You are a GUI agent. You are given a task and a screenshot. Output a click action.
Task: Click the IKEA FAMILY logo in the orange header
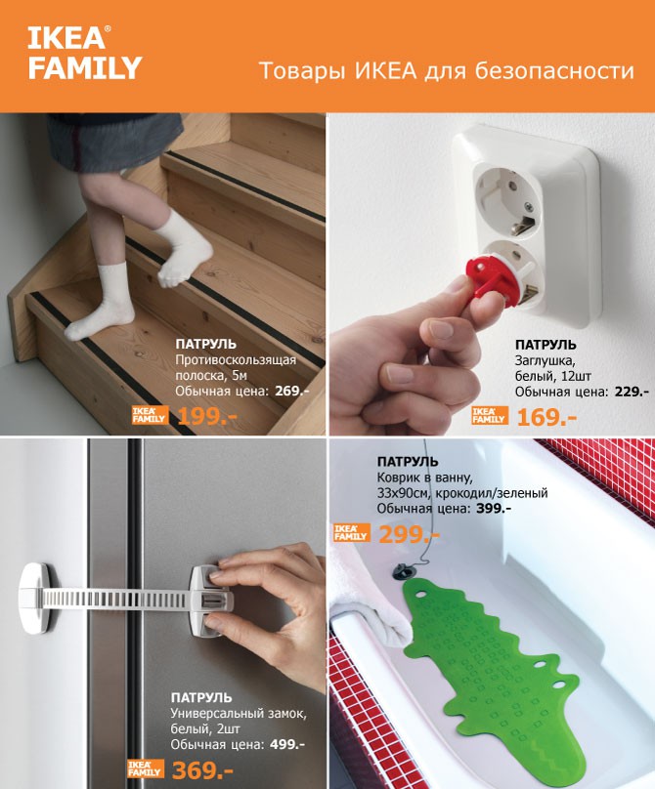pos(84,54)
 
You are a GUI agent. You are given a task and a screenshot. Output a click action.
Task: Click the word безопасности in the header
pos(554,70)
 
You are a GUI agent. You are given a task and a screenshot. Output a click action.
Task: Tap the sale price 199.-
pos(207,416)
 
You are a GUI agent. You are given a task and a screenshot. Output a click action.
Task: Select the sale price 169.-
pos(546,417)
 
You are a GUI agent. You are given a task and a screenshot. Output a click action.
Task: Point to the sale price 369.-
pos(202,769)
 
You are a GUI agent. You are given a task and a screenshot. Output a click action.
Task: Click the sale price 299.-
pos(409,534)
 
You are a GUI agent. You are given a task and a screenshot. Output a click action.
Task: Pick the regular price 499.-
pos(287,744)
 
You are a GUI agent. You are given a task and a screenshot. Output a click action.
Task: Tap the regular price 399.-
pos(494,508)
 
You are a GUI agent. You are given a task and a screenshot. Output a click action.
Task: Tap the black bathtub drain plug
pos(404,570)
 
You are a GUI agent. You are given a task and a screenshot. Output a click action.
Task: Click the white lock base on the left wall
pos(35,598)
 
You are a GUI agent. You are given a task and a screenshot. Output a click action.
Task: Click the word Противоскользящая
pos(236,360)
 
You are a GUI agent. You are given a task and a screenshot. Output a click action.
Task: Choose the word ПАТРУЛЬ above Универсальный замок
pos(201,697)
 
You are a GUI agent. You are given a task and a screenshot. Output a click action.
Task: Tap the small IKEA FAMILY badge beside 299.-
pos(352,533)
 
